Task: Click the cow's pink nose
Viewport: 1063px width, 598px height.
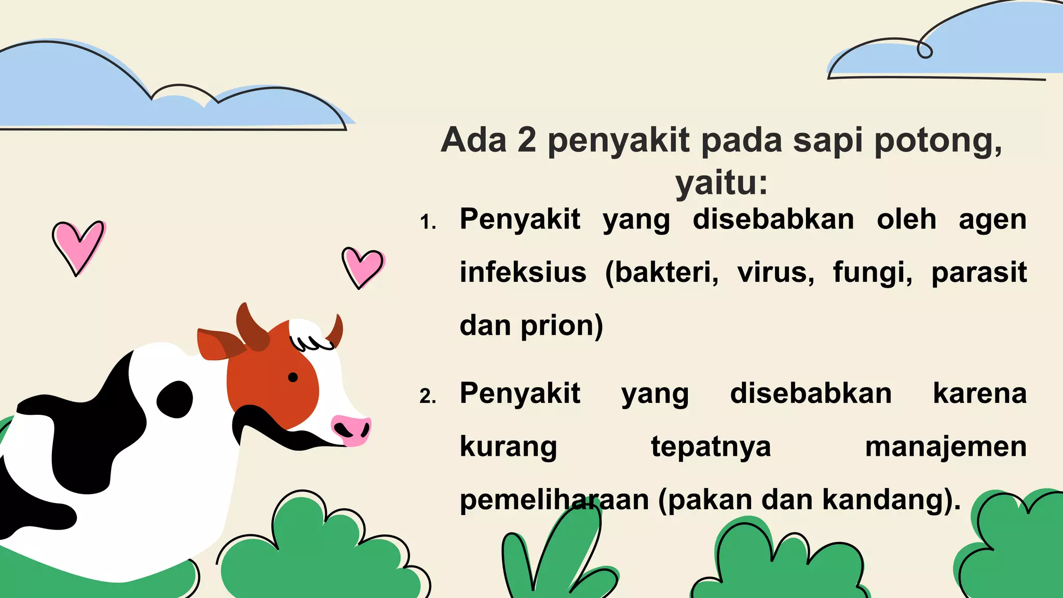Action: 351,429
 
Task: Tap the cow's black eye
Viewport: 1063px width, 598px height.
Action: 293,377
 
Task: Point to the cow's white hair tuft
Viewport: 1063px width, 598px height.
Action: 310,334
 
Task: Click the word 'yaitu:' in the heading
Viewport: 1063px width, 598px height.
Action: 721,183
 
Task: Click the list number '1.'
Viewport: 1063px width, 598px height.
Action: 428,222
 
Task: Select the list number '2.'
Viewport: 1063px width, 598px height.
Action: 428,397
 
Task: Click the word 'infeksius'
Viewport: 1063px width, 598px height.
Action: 523,272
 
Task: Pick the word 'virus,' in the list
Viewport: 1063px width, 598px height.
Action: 776,272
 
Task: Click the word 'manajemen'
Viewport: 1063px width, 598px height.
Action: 946,446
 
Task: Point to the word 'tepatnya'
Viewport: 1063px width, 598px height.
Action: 711,446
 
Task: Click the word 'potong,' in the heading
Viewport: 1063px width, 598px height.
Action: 938,141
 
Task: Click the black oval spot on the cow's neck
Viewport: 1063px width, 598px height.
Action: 175,399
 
